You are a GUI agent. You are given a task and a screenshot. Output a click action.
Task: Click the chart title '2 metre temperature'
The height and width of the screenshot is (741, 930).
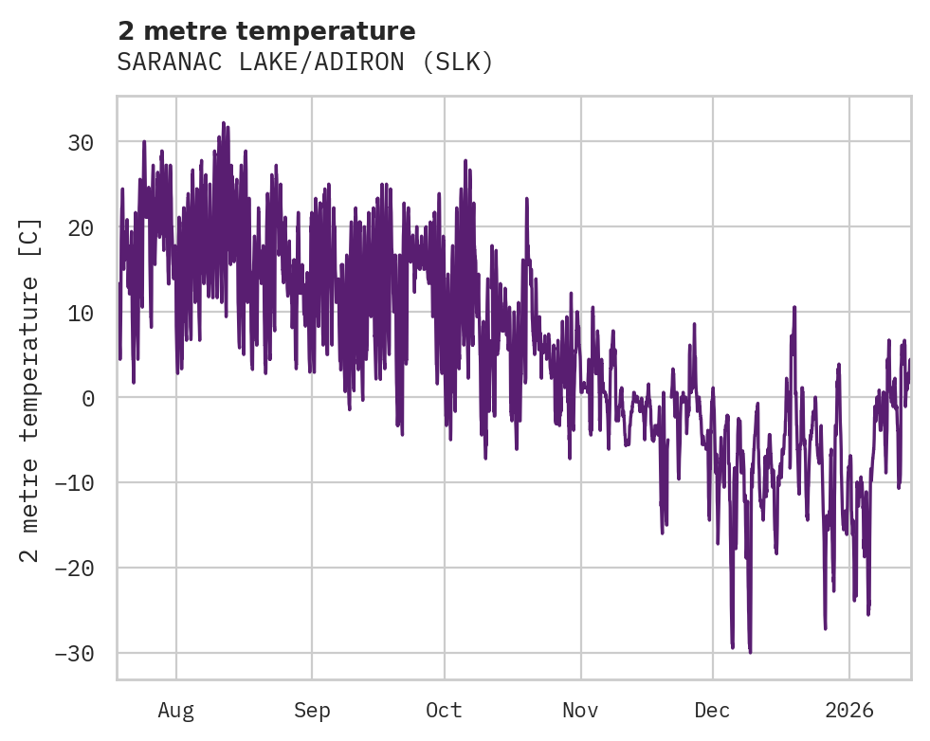pyautogui.click(x=266, y=31)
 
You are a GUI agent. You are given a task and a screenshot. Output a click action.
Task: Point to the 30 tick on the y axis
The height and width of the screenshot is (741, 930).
pyautogui.click(x=80, y=142)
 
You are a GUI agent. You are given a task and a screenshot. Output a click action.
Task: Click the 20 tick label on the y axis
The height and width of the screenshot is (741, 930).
pyautogui.click(x=80, y=227)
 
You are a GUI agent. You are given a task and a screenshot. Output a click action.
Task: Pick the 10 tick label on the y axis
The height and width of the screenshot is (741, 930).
pyautogui.click(x=80, y=313)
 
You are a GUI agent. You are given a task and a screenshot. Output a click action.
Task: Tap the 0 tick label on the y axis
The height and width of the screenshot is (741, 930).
pyautogui.click(x=87, y=398)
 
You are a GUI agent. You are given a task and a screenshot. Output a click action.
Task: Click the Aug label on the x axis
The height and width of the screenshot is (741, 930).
pyautogui.click(x=175, y=710)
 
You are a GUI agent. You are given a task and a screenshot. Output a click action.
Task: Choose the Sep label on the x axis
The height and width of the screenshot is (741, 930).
pyautogui.click(x=311, y=710)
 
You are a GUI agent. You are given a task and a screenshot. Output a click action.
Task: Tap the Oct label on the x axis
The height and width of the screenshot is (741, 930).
pyautogui.click(x=443, y=710)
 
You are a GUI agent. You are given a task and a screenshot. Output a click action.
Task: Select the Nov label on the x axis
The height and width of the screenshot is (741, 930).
pyautogui.click(x=580, y=710)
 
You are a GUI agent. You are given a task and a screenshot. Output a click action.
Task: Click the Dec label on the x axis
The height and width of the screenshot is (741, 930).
pyautogui.click(x=712, y=710)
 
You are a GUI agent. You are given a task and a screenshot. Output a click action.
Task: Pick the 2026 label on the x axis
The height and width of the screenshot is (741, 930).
pyautogui.click(x=848, y=710)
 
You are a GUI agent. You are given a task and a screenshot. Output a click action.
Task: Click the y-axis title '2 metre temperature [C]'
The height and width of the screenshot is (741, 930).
pyautogui.click(x=31, y=389)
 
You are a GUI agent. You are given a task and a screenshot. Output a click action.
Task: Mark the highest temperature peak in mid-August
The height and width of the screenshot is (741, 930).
pyautogui.click(x=224, y=123)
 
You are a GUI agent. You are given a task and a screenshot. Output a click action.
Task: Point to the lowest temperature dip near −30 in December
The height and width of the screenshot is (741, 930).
pyautogui.click(x=750, y=652)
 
